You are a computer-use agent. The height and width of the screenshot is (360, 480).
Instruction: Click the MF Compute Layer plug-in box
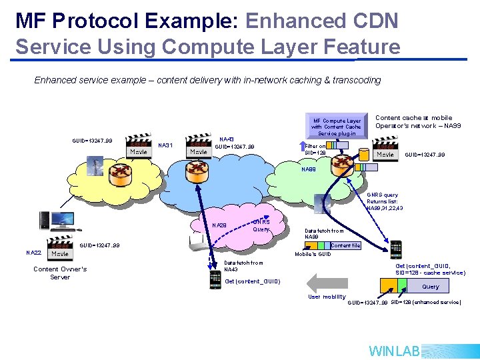(336, 127)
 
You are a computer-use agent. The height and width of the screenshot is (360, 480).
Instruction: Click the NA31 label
(166, 145)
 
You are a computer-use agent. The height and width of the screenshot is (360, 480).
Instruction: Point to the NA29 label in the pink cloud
(219, 225)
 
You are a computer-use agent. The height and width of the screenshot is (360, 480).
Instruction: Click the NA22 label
(33, 253)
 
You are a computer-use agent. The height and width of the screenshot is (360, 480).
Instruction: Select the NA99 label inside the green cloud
(309, 169)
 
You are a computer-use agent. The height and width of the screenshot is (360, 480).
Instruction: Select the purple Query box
(430, 287)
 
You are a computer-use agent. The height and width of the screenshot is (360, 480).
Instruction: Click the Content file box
(345, 245)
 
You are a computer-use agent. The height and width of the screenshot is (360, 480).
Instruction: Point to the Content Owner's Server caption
(60, 273)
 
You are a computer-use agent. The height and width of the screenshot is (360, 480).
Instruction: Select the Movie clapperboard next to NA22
(59, 249)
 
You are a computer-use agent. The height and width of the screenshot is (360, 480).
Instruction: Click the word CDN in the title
(374, 21)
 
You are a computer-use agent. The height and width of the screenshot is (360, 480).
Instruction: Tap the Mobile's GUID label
(313, 254)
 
